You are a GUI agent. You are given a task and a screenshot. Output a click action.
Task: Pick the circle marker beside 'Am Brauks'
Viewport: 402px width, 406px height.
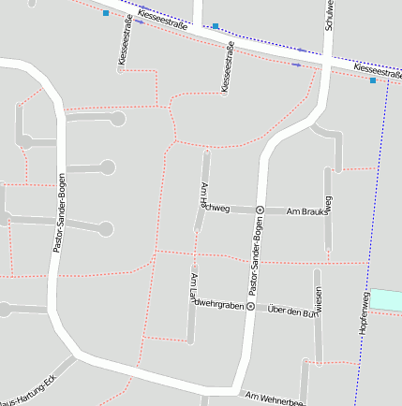tap(261, 210)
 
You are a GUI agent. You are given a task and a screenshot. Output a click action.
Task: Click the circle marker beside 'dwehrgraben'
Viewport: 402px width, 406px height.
tap(251, 306)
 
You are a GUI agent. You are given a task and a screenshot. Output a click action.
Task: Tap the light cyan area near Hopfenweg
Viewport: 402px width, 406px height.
tap(386, 300)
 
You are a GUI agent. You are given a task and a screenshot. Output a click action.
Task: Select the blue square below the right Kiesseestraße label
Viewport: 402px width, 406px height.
tap(373, 81)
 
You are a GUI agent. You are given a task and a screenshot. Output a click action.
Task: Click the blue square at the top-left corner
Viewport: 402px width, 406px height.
tap(106, 14)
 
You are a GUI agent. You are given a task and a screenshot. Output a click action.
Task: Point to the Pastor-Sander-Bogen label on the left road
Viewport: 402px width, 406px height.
tap(59, 215)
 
